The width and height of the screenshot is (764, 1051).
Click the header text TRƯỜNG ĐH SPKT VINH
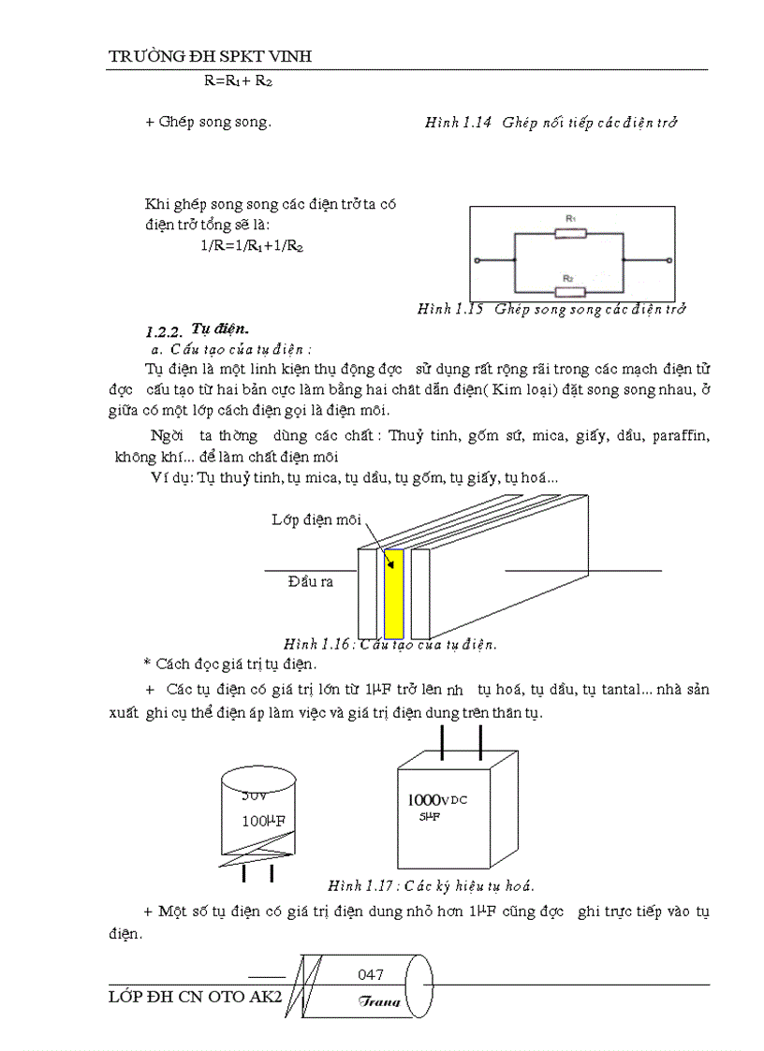tap(210, 57)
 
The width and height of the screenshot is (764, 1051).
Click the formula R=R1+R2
tap(238, 81)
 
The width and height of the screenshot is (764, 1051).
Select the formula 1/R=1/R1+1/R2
tap(251, 245)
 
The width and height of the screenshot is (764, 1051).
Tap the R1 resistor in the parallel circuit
tap(570, 231)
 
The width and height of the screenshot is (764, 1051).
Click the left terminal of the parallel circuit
tap(477, 261)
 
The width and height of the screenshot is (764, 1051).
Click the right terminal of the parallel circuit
tap(668, 261)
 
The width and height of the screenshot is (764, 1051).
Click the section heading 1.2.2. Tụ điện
tap(197, 329)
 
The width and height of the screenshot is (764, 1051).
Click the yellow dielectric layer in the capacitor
tap(394, 593)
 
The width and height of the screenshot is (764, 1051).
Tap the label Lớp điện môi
tap(316, 519)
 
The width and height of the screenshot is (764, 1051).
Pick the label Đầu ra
tap(310, 580)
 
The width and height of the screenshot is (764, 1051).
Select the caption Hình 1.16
tap(389, 644)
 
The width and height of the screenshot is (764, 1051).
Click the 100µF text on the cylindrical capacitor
tap(263, 821)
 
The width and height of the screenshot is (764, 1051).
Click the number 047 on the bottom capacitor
tap(371, 974)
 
